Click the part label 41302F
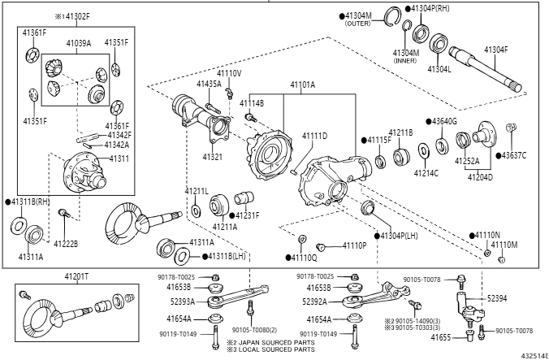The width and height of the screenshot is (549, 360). tap(78, 16)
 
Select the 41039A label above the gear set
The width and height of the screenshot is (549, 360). tap(79, 43)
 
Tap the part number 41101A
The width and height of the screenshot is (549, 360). tap(302, 85)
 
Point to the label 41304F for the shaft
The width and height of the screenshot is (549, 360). tap(495, 50)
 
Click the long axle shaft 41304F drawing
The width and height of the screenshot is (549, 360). tap(486, 69)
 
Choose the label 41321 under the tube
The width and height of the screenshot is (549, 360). tap(213, 157)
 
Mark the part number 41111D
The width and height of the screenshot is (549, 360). tap(315, 136)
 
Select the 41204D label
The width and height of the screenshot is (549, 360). tap(480, 177)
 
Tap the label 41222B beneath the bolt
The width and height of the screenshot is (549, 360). tap(66, 244)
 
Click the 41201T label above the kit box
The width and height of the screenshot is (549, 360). tap(76, 276)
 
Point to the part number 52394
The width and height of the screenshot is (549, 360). tap(497, 298)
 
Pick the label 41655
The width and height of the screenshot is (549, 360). tap(440, 337)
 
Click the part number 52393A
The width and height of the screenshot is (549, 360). tap(183, 301)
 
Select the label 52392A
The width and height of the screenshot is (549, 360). tap(314, 301)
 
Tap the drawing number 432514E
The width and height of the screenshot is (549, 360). tap(534, 356)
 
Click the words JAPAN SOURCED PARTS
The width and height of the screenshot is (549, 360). tap(277, 342)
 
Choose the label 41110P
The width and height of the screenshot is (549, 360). tap(354, 245)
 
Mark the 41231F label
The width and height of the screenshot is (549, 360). tap(247, 215)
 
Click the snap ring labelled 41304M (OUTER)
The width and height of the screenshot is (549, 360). tap(393, 16)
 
